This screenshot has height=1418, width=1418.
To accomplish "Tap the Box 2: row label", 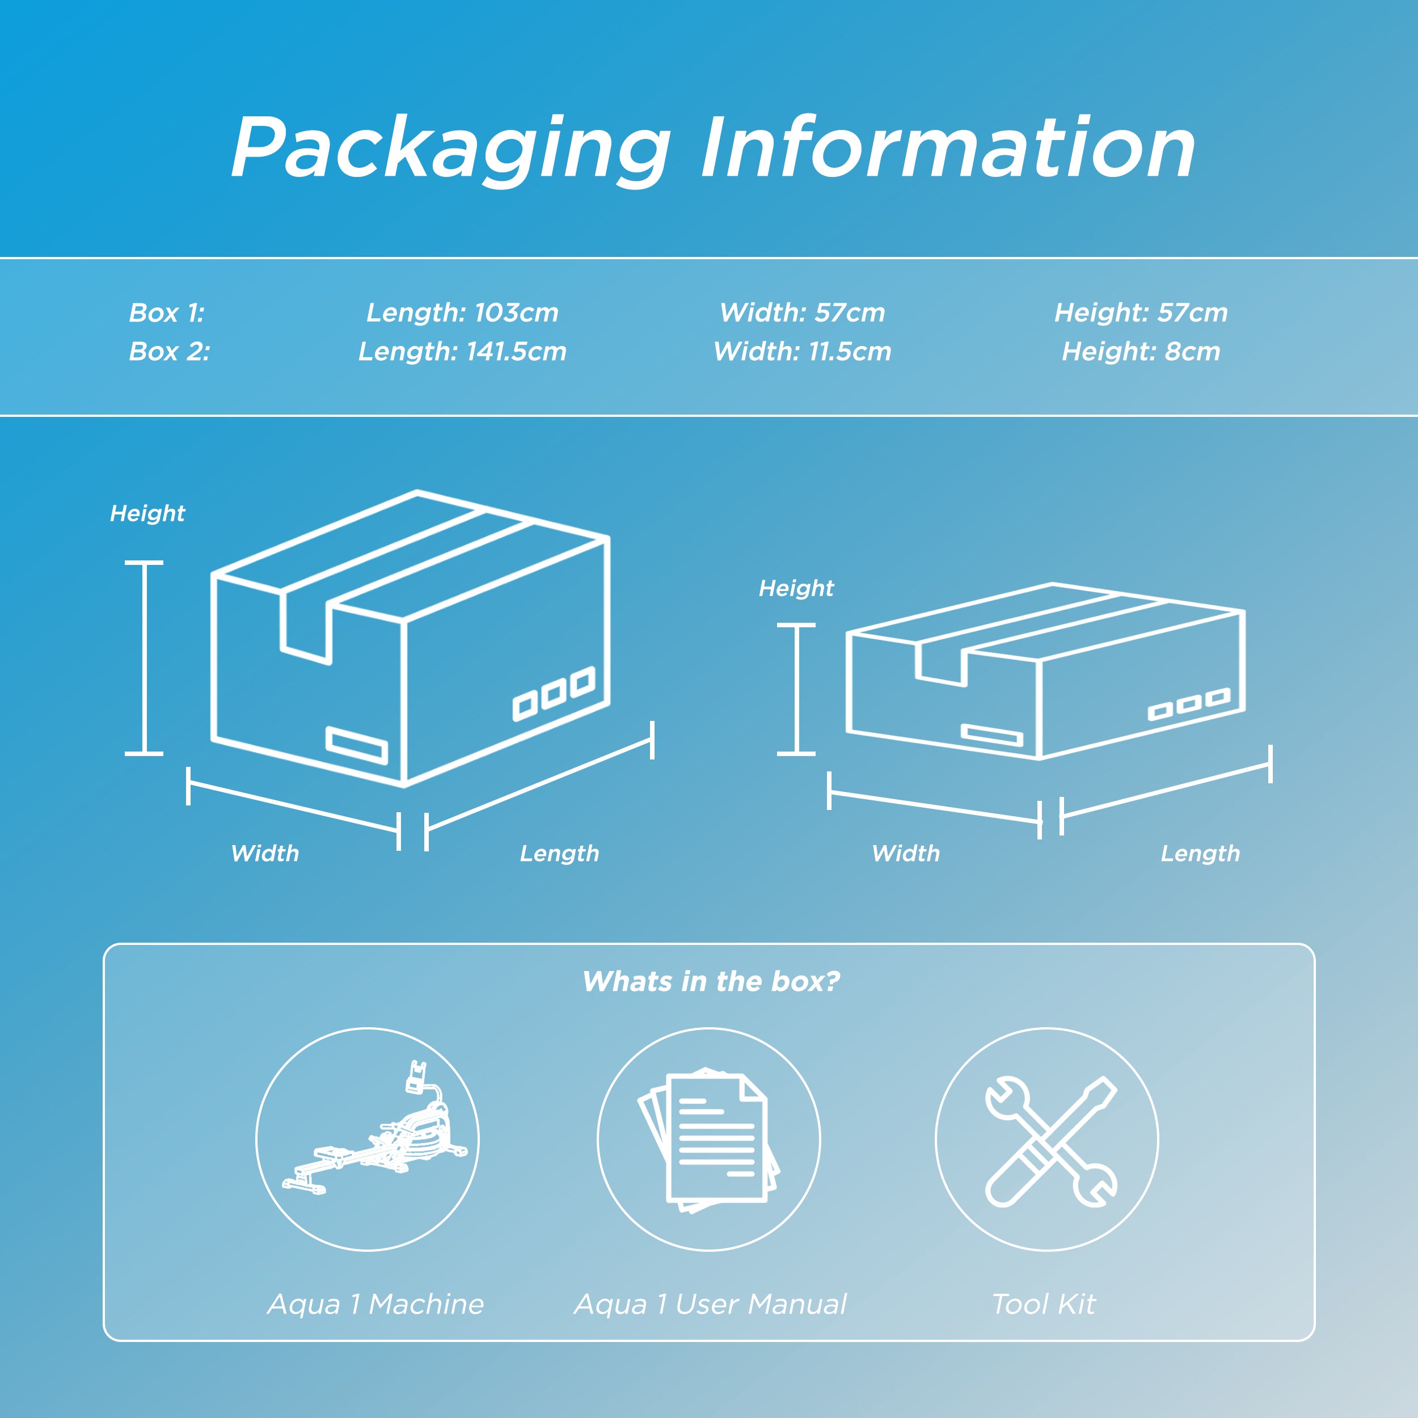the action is pos(169,352).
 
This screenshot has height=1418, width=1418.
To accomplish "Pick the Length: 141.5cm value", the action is pos(462,352).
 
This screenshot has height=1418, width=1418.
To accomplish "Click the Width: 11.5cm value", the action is pos(802,352).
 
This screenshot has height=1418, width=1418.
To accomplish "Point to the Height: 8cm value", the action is pos(1141,352).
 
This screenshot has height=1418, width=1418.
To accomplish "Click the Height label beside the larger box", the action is pos(147,514).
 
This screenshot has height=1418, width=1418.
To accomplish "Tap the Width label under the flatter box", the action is pos(906,854).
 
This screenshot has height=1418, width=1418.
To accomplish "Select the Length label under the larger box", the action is pos(559,854).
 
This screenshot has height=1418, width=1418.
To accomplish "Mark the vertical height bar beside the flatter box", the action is pos(796,689).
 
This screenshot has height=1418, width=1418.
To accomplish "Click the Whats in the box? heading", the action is pos(711,981).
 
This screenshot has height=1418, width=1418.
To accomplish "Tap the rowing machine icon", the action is pos(375,1129).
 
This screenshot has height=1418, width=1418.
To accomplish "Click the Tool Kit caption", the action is pos(1044,1304).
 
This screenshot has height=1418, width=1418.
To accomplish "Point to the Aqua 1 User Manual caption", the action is pos(711,1304).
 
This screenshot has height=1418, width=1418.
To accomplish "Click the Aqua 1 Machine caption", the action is pos(376,1304).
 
